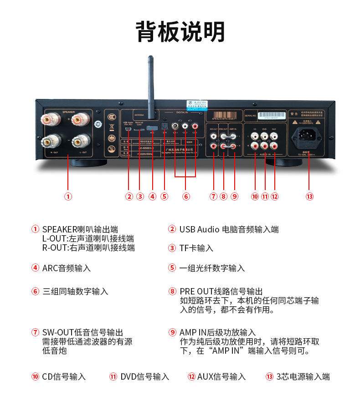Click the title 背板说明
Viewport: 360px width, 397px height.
click(180, 32)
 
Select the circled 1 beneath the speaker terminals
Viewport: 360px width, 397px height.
click(67, 196)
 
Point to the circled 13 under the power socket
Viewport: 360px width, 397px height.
click(309, 196)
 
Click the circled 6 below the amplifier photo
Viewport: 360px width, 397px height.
click(185, 196)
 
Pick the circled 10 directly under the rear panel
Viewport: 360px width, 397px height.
click(255, 196)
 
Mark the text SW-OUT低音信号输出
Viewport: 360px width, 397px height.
click(82, 333)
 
